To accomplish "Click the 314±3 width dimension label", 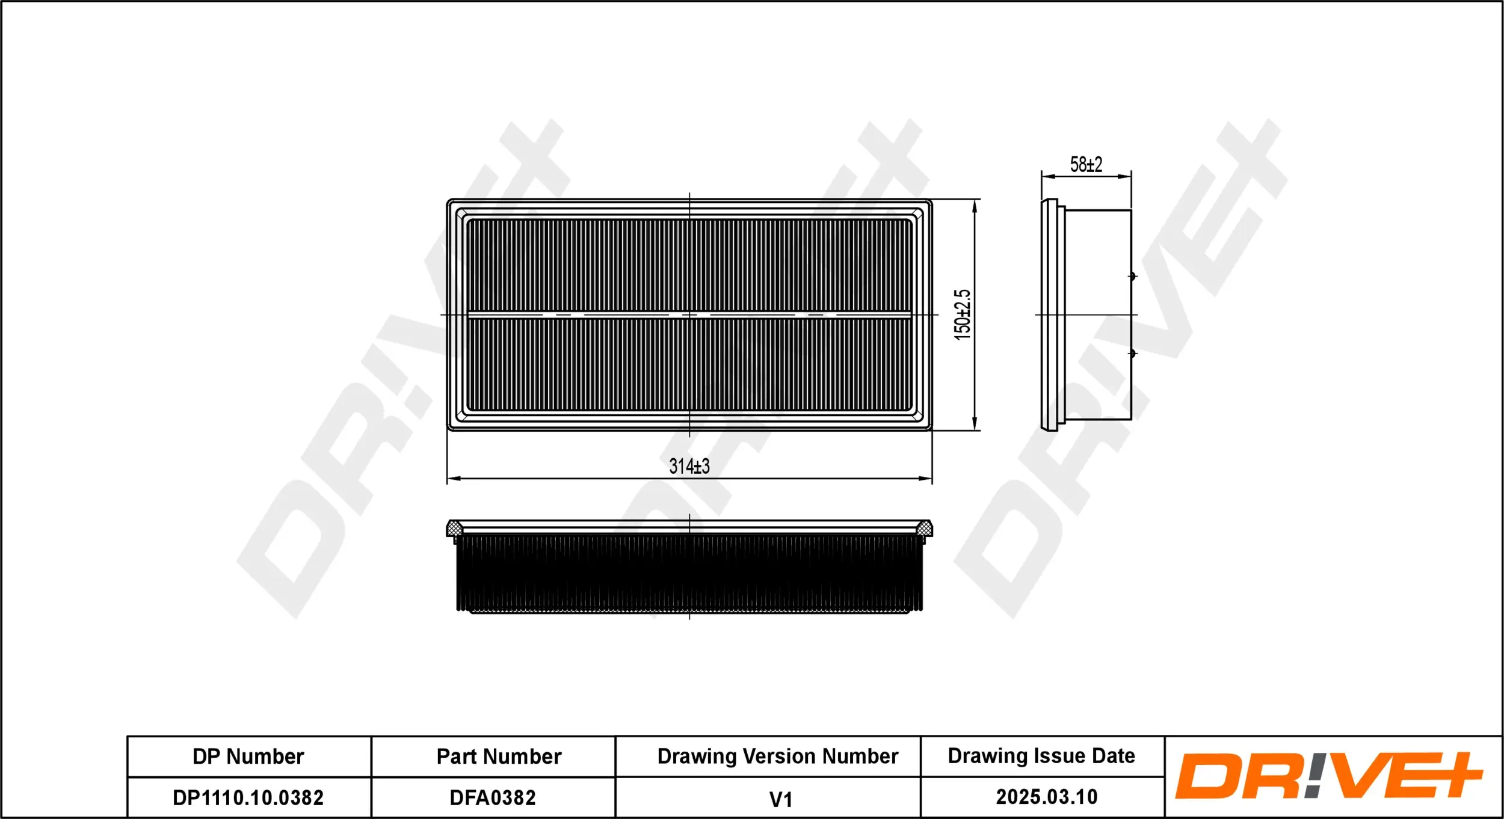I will point(689,466).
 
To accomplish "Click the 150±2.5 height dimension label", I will point(962,314).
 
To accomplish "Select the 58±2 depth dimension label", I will point(1086,164).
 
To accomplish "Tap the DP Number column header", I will point(248,756).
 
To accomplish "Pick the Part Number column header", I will point(499,756).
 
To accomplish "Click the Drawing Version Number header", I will point(777,756).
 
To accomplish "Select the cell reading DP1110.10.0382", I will point(248,797).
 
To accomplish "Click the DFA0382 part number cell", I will point(493,797).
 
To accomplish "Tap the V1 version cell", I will point(780,799).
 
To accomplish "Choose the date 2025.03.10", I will point(1047,797).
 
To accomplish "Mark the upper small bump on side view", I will point(1132,276).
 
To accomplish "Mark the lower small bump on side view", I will point(1132,353).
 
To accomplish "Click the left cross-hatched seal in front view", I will point(455,529).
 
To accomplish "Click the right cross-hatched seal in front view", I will point(924,529).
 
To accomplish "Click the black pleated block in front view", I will point(689,574).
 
